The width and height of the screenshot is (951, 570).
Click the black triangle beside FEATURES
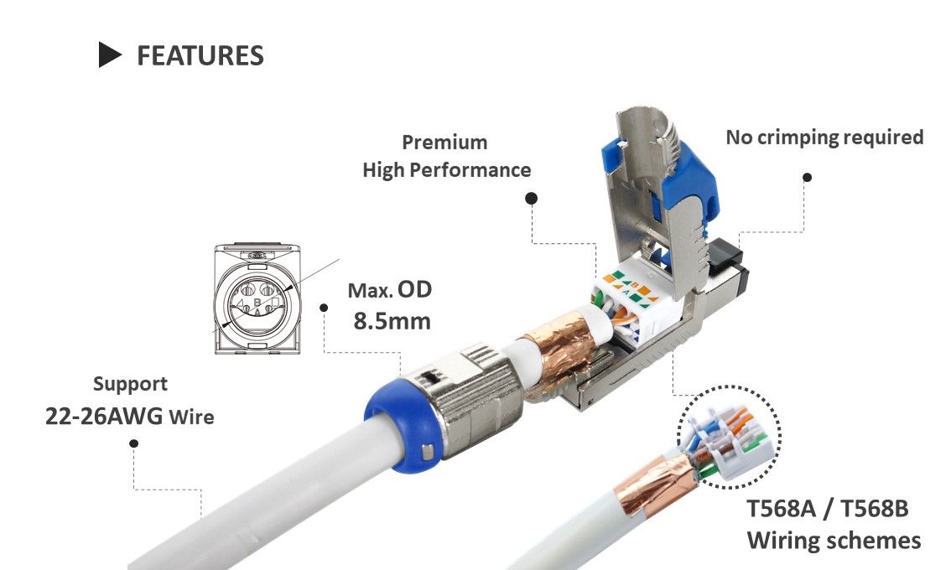click(x=111, y=54)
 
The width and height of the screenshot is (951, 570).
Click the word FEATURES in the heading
click(x=200, y=55)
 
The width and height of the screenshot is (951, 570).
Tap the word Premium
click(x=444, y=142)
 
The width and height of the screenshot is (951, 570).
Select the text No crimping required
click(x=824, y=137)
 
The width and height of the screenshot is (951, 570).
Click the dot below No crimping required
click(x=807, y=177)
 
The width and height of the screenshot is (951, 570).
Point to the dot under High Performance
click(x=531, y=198)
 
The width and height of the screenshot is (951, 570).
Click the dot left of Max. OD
click(x=324, y=307)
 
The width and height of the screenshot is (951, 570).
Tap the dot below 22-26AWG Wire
click(x=133, y=443)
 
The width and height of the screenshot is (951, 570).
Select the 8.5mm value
click(x=392, y=320)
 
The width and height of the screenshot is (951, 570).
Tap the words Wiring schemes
click(x=833, y=540)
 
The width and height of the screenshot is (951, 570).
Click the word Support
click(x=130, y=384)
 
